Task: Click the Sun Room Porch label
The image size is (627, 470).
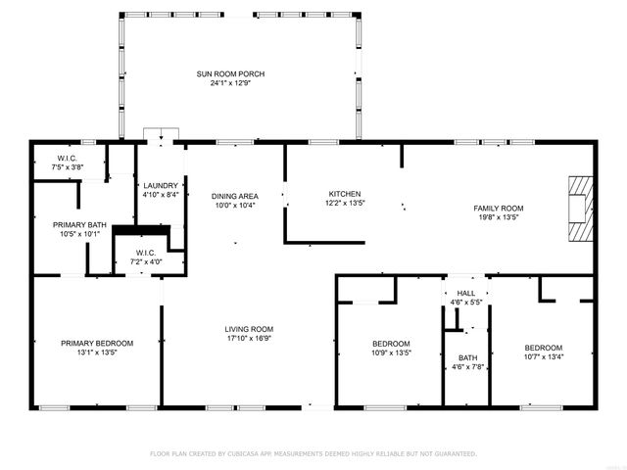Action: click(230, 74)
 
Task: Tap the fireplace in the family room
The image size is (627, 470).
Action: click(582, 207)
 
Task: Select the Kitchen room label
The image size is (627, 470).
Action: click(344, 194)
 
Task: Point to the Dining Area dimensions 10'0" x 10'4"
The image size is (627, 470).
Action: click(234, 206)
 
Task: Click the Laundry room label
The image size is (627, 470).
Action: click(160, 185)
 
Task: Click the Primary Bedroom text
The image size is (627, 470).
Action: click(97, 343)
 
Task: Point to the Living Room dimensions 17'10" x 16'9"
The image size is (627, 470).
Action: click(248, 339)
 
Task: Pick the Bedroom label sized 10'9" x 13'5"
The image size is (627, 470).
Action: click(391, 343)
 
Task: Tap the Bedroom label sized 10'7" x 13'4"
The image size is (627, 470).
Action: click(543, 349)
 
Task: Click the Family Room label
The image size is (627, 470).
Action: click(499, 208)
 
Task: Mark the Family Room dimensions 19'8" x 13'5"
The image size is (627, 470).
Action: click(499, 217)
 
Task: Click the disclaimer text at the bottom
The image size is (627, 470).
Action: click(313, 454)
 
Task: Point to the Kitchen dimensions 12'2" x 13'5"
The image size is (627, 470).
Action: click(344, 204)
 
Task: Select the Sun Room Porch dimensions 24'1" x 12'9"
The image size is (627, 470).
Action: click(230, 84)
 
